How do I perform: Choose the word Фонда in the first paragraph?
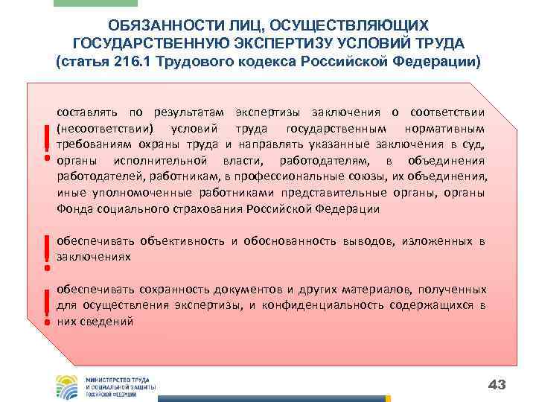pos(73,209)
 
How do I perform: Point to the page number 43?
pos(497,384)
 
